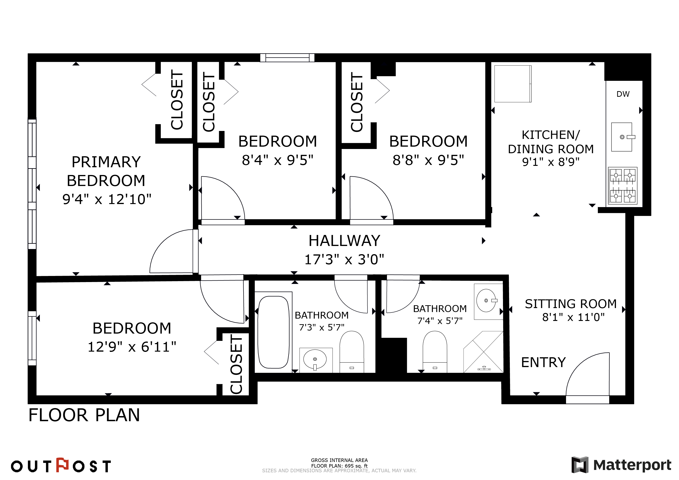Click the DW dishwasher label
tap(623, 94)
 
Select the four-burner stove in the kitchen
tap(623, 186)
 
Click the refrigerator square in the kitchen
tap(513, 84)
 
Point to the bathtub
tap(274, 332)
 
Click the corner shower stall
tap(483, 352)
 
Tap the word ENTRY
tap(543, 362)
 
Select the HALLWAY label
tap(344, 241)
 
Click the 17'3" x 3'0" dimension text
tap(344, 259)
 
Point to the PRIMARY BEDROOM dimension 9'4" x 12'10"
tap(107, 199)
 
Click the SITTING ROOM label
tap(571, 304)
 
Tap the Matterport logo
tap(621, 465)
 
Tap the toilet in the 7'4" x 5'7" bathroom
tap(435, 352)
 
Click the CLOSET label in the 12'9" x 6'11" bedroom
tap(236, 364)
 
